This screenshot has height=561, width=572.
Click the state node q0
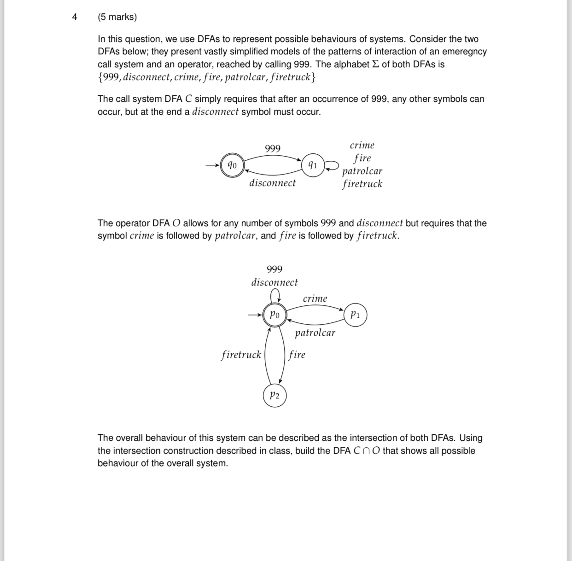coord(233,165)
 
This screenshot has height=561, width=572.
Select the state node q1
coord(313,165)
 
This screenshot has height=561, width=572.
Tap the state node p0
coord(274,315)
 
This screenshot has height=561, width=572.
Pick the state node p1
coord(355,315)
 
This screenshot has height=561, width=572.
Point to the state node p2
coord(274,395)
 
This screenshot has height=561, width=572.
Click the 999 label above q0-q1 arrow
coord(273,148)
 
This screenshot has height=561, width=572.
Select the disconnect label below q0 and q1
coord(273,183)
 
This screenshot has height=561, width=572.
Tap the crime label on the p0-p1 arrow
coord(315,298)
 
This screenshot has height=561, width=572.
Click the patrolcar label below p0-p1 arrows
coord(315,333)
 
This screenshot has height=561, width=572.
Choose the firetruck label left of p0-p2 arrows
coord(241,355)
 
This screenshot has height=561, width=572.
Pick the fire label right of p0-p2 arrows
coord(297,355)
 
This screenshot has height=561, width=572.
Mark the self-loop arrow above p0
coord(275,294)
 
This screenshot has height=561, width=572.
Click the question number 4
coord(75,17)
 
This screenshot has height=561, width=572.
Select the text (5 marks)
coord(117,17)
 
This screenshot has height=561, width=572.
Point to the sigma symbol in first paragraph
coord(375,64)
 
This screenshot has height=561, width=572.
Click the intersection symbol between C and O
coord(366,451)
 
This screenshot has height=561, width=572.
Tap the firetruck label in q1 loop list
coord(362,184)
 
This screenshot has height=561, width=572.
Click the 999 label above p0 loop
coord(274,269)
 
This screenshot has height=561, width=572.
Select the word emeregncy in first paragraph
coord(464,52)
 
